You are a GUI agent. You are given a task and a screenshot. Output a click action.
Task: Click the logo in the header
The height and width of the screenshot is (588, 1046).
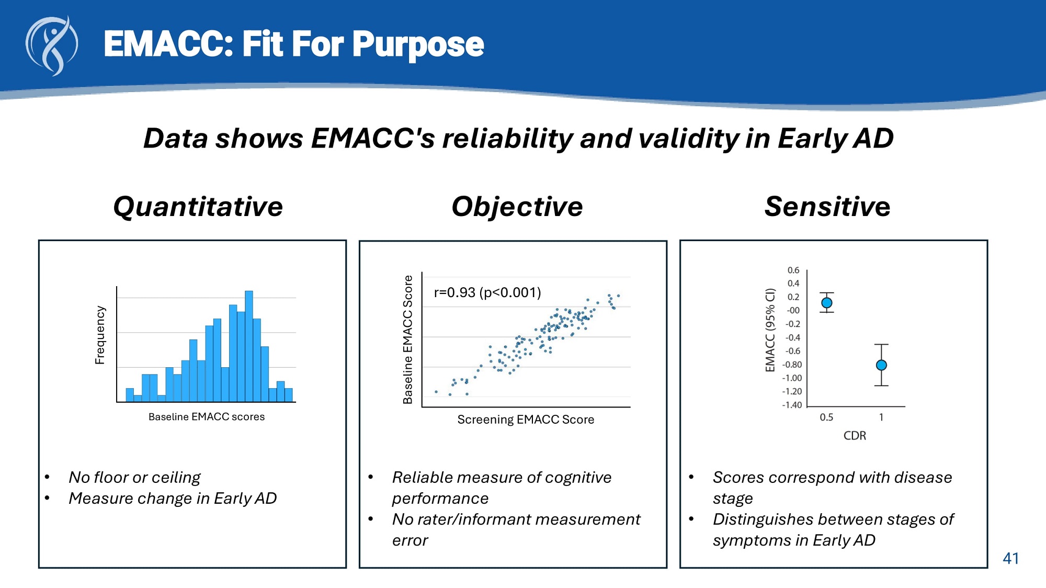52,46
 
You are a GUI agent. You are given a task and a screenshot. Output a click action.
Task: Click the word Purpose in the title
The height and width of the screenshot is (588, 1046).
418,44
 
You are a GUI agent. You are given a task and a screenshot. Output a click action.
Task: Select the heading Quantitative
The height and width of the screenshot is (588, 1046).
198,206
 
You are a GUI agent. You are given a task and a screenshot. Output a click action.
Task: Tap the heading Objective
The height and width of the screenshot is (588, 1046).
517,206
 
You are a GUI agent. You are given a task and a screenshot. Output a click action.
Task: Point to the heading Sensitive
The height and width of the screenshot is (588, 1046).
827,206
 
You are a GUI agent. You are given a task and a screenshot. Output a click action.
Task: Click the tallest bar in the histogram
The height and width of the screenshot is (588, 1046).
249,345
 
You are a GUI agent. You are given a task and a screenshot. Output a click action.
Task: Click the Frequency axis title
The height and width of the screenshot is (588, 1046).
100,335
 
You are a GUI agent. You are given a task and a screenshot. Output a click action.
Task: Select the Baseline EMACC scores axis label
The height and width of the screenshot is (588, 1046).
207,417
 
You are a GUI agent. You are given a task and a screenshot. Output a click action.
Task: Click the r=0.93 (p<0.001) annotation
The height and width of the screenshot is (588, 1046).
487,292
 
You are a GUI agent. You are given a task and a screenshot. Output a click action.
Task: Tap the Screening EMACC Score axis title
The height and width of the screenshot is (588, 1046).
526,420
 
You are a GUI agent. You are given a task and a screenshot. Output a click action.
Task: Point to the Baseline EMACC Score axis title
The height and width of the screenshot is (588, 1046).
408,340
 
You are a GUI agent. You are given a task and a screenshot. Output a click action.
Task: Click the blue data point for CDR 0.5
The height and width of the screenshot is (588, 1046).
827,303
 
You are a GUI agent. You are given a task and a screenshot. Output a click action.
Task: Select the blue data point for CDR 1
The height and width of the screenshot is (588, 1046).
881,365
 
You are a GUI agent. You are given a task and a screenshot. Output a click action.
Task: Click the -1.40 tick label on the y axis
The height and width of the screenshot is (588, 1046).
792,405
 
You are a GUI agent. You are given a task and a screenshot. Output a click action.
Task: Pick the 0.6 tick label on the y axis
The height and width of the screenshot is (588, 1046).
793,270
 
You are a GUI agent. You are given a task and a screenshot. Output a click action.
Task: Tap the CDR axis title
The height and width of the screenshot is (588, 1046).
855,436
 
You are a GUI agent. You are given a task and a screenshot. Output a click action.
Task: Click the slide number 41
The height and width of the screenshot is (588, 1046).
1010,559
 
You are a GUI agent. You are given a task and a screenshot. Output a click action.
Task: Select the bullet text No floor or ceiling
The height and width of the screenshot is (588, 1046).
134,477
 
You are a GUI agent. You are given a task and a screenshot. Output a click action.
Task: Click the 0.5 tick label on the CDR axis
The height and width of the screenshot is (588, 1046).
826,417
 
